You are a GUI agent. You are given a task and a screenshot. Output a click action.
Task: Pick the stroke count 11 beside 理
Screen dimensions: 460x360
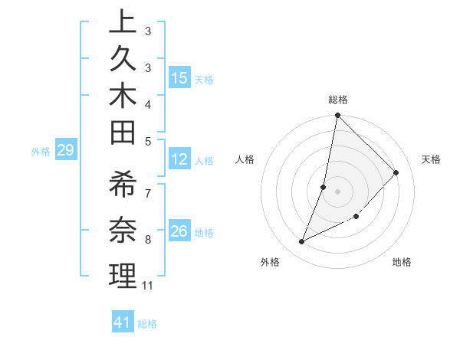[x=148, y=286]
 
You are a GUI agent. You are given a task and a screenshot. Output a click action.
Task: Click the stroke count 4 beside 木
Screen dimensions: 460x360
[x=148, y=104]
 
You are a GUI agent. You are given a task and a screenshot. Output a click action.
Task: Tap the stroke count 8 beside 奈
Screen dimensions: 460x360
[x=148, y=240]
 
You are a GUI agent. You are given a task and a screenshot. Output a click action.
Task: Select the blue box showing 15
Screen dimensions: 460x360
[x=179, y=78]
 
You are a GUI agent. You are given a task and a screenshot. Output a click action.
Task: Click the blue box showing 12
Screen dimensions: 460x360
[x=179, y=160]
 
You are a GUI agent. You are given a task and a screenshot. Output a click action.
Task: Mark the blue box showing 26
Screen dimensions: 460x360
[x=179, y=231]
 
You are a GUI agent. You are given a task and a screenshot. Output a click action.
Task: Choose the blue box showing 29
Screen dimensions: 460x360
[x=65, y=151]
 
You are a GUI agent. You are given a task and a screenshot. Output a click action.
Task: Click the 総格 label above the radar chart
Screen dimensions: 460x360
[x=338, y=100]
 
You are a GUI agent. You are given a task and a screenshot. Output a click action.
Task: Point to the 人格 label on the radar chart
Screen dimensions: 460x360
[x=245, y=159]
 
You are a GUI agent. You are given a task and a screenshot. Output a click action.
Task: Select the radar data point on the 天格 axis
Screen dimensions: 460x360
[x=396, y=172]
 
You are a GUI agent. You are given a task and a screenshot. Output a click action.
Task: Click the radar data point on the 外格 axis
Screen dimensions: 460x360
[x=302, y=242]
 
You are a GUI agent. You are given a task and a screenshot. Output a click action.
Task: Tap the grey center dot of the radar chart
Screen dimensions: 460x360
[x=338, y=191]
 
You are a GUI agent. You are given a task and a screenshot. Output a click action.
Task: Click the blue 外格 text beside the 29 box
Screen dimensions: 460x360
[x=41, y=152]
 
